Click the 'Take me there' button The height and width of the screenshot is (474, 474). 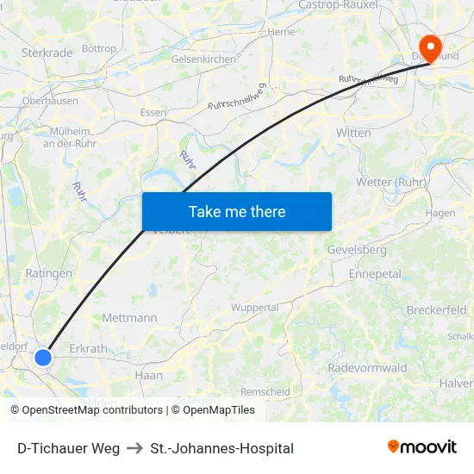coord(237,211)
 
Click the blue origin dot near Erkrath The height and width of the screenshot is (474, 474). coord(43,357)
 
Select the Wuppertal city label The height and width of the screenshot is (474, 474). coord(255,307)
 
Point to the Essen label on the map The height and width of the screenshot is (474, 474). coord(153,112)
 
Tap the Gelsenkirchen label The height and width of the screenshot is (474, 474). coord(203,59)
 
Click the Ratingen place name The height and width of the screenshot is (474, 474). coord(49,273)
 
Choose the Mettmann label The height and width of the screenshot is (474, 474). coord(129,318)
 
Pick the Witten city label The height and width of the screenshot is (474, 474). coord(353,133)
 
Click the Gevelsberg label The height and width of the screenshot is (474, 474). coord(356,250)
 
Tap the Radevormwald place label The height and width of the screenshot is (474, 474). coord(367,368)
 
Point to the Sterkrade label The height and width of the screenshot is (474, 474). coord(47,53)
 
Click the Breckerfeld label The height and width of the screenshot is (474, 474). coord(436,310)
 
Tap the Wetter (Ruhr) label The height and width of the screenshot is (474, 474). coord(391,182)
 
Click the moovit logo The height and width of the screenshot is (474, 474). coord(421,447)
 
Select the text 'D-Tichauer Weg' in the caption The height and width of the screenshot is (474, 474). coord(68,448)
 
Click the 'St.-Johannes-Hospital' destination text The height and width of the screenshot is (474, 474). coord(221,448)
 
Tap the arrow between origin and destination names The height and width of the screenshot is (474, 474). coord(134,448)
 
